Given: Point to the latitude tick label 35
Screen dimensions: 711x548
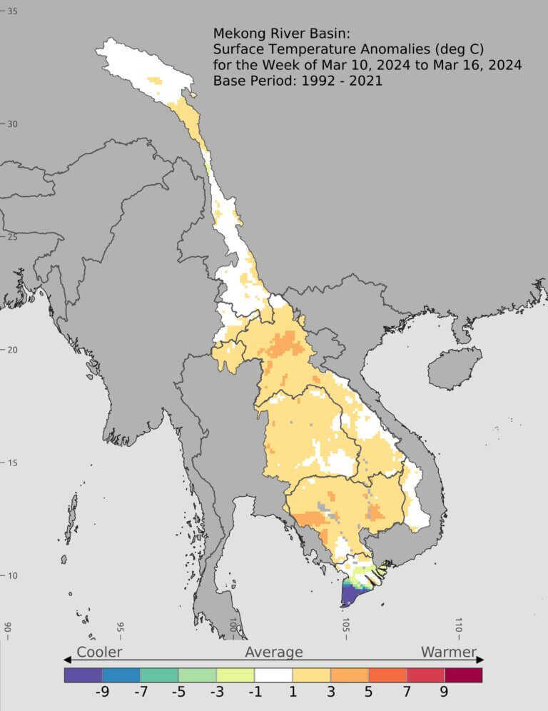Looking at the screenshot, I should (x=13, y=11).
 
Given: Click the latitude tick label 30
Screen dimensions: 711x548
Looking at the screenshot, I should (x=13, y=123).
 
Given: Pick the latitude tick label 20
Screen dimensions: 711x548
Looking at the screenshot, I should (x=13, y=350).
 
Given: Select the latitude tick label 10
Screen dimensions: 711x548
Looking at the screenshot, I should (x=13, y=576).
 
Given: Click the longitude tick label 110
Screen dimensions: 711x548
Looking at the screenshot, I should (x=459, y=627).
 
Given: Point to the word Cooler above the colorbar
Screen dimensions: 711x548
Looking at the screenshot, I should (x=99, y=652).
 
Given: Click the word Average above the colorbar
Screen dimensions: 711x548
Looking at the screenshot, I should (x=274, y=652).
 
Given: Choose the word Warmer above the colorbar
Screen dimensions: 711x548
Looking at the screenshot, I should (x=448, y=652).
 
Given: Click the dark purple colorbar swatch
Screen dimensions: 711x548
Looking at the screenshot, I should (x=83, y=675).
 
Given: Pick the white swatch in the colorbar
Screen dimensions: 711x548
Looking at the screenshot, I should (x=273, y=675).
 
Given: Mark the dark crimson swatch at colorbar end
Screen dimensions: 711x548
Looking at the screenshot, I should (x=463, y=675).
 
